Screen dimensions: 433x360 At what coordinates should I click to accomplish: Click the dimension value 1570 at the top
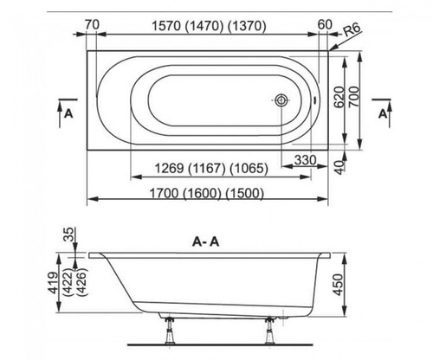[x=166, y=26]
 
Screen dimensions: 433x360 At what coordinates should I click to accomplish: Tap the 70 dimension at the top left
[x=92, y=24]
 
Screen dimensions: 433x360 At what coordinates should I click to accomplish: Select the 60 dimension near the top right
[x=325, y=24]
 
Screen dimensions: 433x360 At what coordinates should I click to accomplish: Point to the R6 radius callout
[x=352, y=30]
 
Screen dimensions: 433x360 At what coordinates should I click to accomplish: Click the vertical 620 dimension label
[x=339, y=97]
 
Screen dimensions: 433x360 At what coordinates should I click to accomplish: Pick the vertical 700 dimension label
[x=355, y=97]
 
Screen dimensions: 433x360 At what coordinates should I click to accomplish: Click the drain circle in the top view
[x=281, y=100]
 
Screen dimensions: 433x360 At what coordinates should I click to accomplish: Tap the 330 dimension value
[x=306, y=159]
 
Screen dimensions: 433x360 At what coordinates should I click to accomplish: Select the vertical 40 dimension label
[x=340, y=167]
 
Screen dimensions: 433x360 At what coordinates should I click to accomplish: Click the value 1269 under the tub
[x=169, y=168]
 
